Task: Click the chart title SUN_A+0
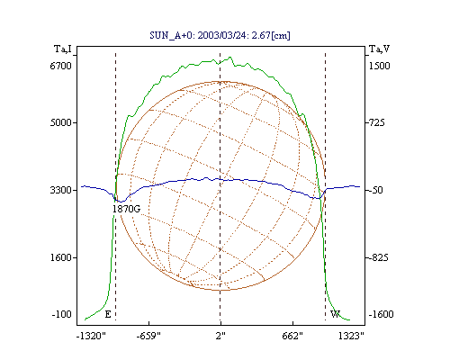click(172, 36)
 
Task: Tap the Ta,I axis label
click(63, 49)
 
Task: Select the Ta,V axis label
click(380, 49)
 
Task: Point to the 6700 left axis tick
click(61, 66)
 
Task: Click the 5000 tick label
click(61, 122)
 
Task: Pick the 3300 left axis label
click(61, 190)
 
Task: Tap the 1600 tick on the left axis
click(61, 257)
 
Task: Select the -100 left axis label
click(62, 314)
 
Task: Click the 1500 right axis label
click(379, 66)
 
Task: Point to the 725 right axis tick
click(376, 122)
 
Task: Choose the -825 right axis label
click(378, 257)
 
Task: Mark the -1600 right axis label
click(381, 314)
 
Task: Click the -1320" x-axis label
click(91, 336)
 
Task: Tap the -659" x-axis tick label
click(148, 336)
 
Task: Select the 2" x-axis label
click(220, 336)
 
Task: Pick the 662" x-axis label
click(292, 336)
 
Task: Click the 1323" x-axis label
click(351, 336)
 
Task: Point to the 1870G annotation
click(126, 209)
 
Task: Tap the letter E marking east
click(108, 314)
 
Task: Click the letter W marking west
click(335, 314)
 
